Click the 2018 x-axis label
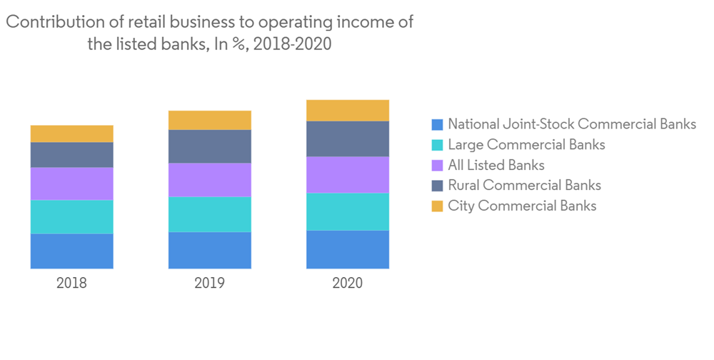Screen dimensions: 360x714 (x=71, y=283)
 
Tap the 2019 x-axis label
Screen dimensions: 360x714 (x=209, y=283)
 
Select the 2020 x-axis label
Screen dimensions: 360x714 (x=348, y=283)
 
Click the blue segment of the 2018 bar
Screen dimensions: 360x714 (x=71, y=251)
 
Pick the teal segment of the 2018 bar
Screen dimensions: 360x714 (x=71, y=216)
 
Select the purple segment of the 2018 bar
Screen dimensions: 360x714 (x=71, y=184)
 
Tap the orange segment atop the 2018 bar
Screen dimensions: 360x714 (x=71, y=134)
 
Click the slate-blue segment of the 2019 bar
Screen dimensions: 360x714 (x=209, y=146)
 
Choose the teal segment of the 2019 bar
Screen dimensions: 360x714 (x=209, y=214)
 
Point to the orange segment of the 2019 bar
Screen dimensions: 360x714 (x=209, y=120)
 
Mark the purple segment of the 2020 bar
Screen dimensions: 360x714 (x=348, y=174)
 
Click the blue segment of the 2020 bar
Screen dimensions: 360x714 (x=348, y=249)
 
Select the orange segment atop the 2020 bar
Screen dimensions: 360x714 (x=348, y=111)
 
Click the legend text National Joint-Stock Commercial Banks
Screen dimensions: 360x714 (x=572, y=124)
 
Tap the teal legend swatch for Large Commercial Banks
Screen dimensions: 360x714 (x=438, y=145)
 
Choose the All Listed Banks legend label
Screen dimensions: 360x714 (x=496, y=165)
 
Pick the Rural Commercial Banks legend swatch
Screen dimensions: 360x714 (x=438, y=186)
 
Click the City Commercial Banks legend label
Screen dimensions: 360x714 (x=522, y=206)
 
